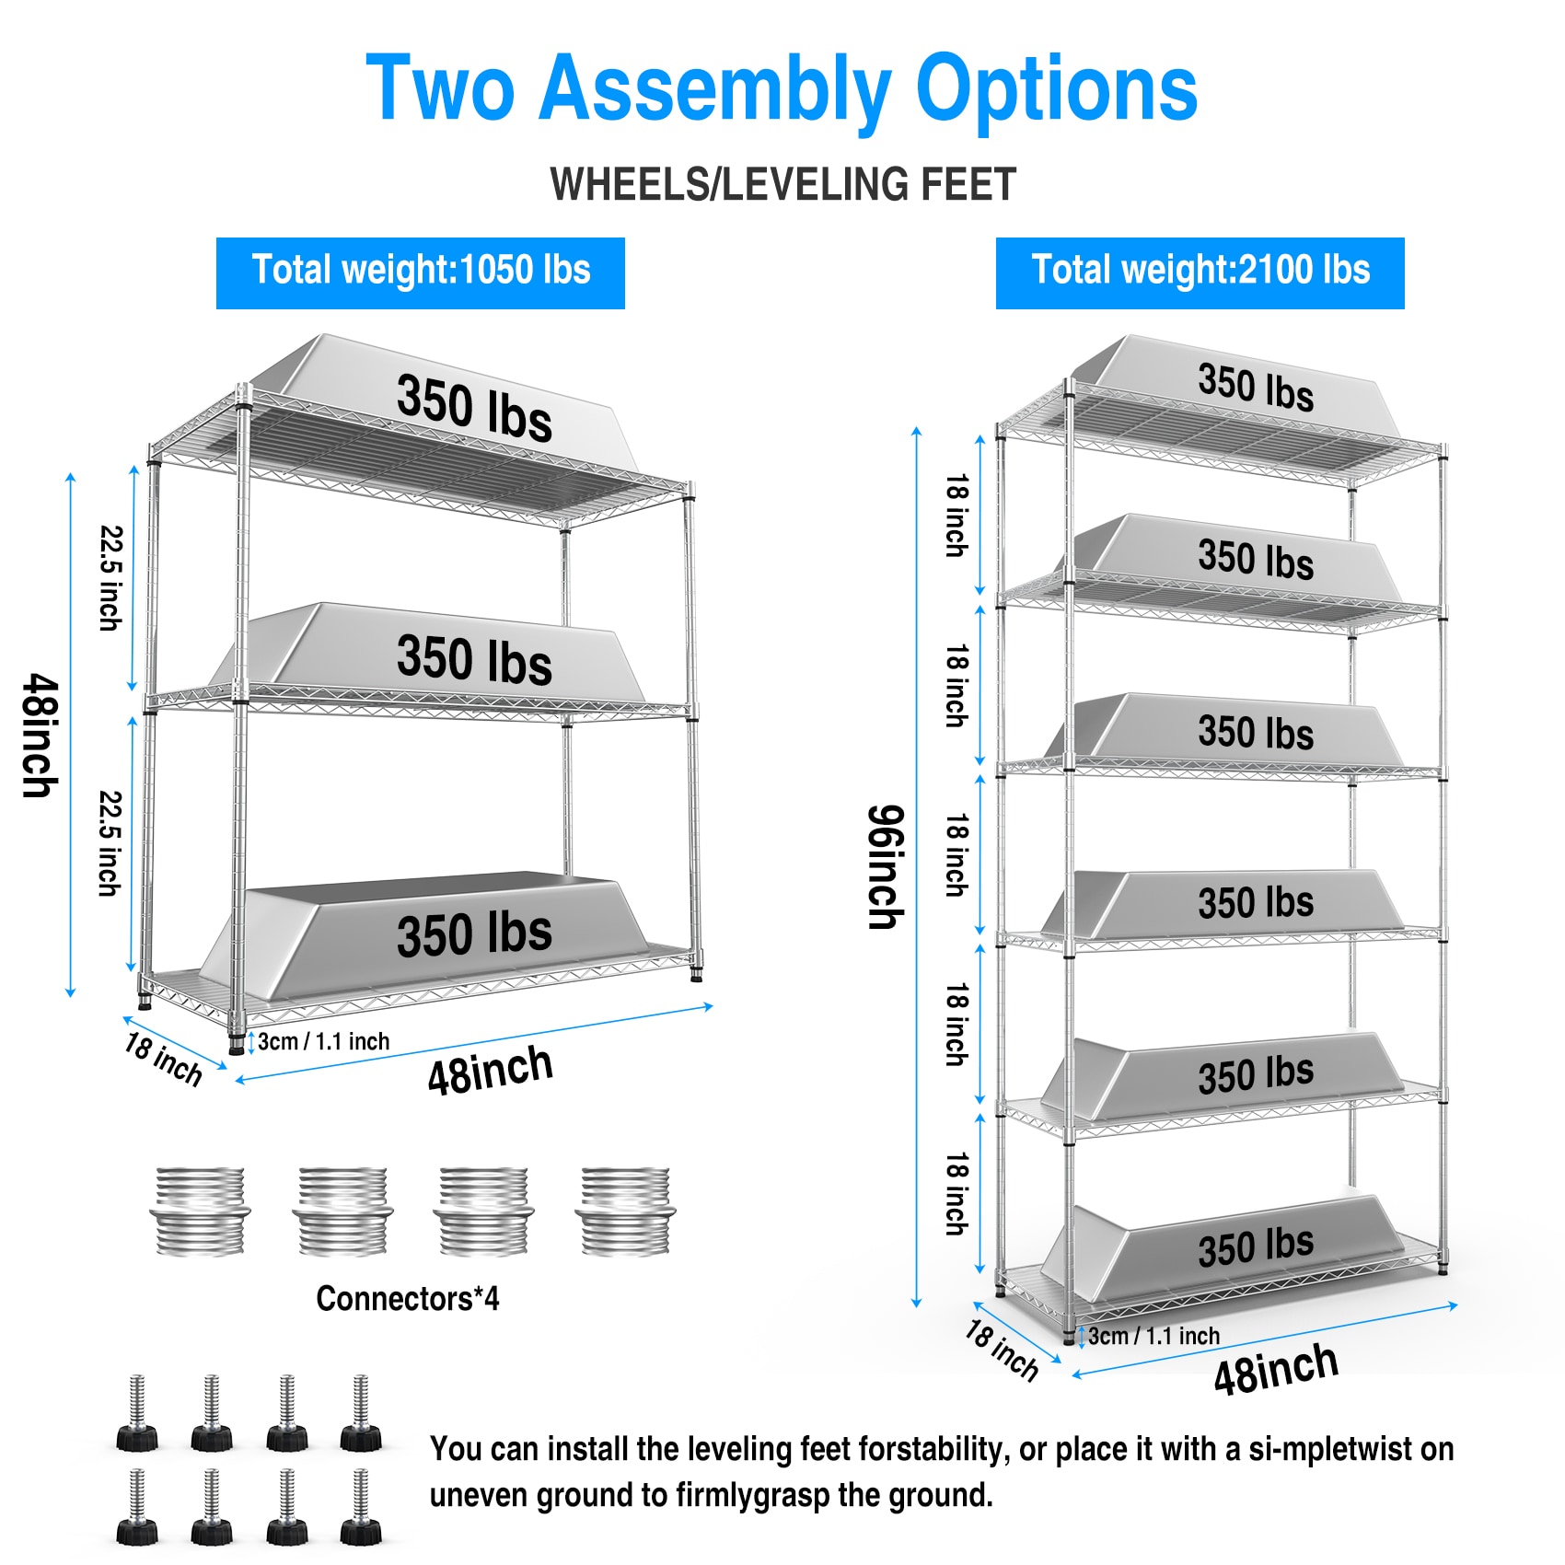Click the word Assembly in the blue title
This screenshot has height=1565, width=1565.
point(714,89)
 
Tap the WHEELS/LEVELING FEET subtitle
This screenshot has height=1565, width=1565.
point(782,184)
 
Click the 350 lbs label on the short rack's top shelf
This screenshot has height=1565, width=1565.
point(474,408)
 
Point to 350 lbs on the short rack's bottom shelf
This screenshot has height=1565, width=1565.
point(474,933)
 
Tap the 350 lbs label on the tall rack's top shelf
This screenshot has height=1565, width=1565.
point(1256,386)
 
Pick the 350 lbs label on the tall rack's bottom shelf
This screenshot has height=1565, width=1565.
point(1256,1247)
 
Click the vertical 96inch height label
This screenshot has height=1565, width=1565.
point(887,866)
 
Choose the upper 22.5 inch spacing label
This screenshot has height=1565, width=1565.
point(110,578)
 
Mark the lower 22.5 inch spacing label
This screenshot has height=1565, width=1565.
point(110,843)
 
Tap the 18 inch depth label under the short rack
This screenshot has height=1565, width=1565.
point(163,1059)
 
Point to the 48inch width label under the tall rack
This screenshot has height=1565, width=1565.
point(1275,1369)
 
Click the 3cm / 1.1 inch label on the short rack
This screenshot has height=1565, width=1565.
point(323,1041)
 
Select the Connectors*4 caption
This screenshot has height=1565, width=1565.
point(407,1298)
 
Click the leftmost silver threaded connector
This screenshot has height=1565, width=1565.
point(200,1211)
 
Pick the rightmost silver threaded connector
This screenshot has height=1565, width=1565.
point(625,1211)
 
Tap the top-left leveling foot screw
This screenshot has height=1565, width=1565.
point(137,1413)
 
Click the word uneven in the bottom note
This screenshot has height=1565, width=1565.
point(479,1495)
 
